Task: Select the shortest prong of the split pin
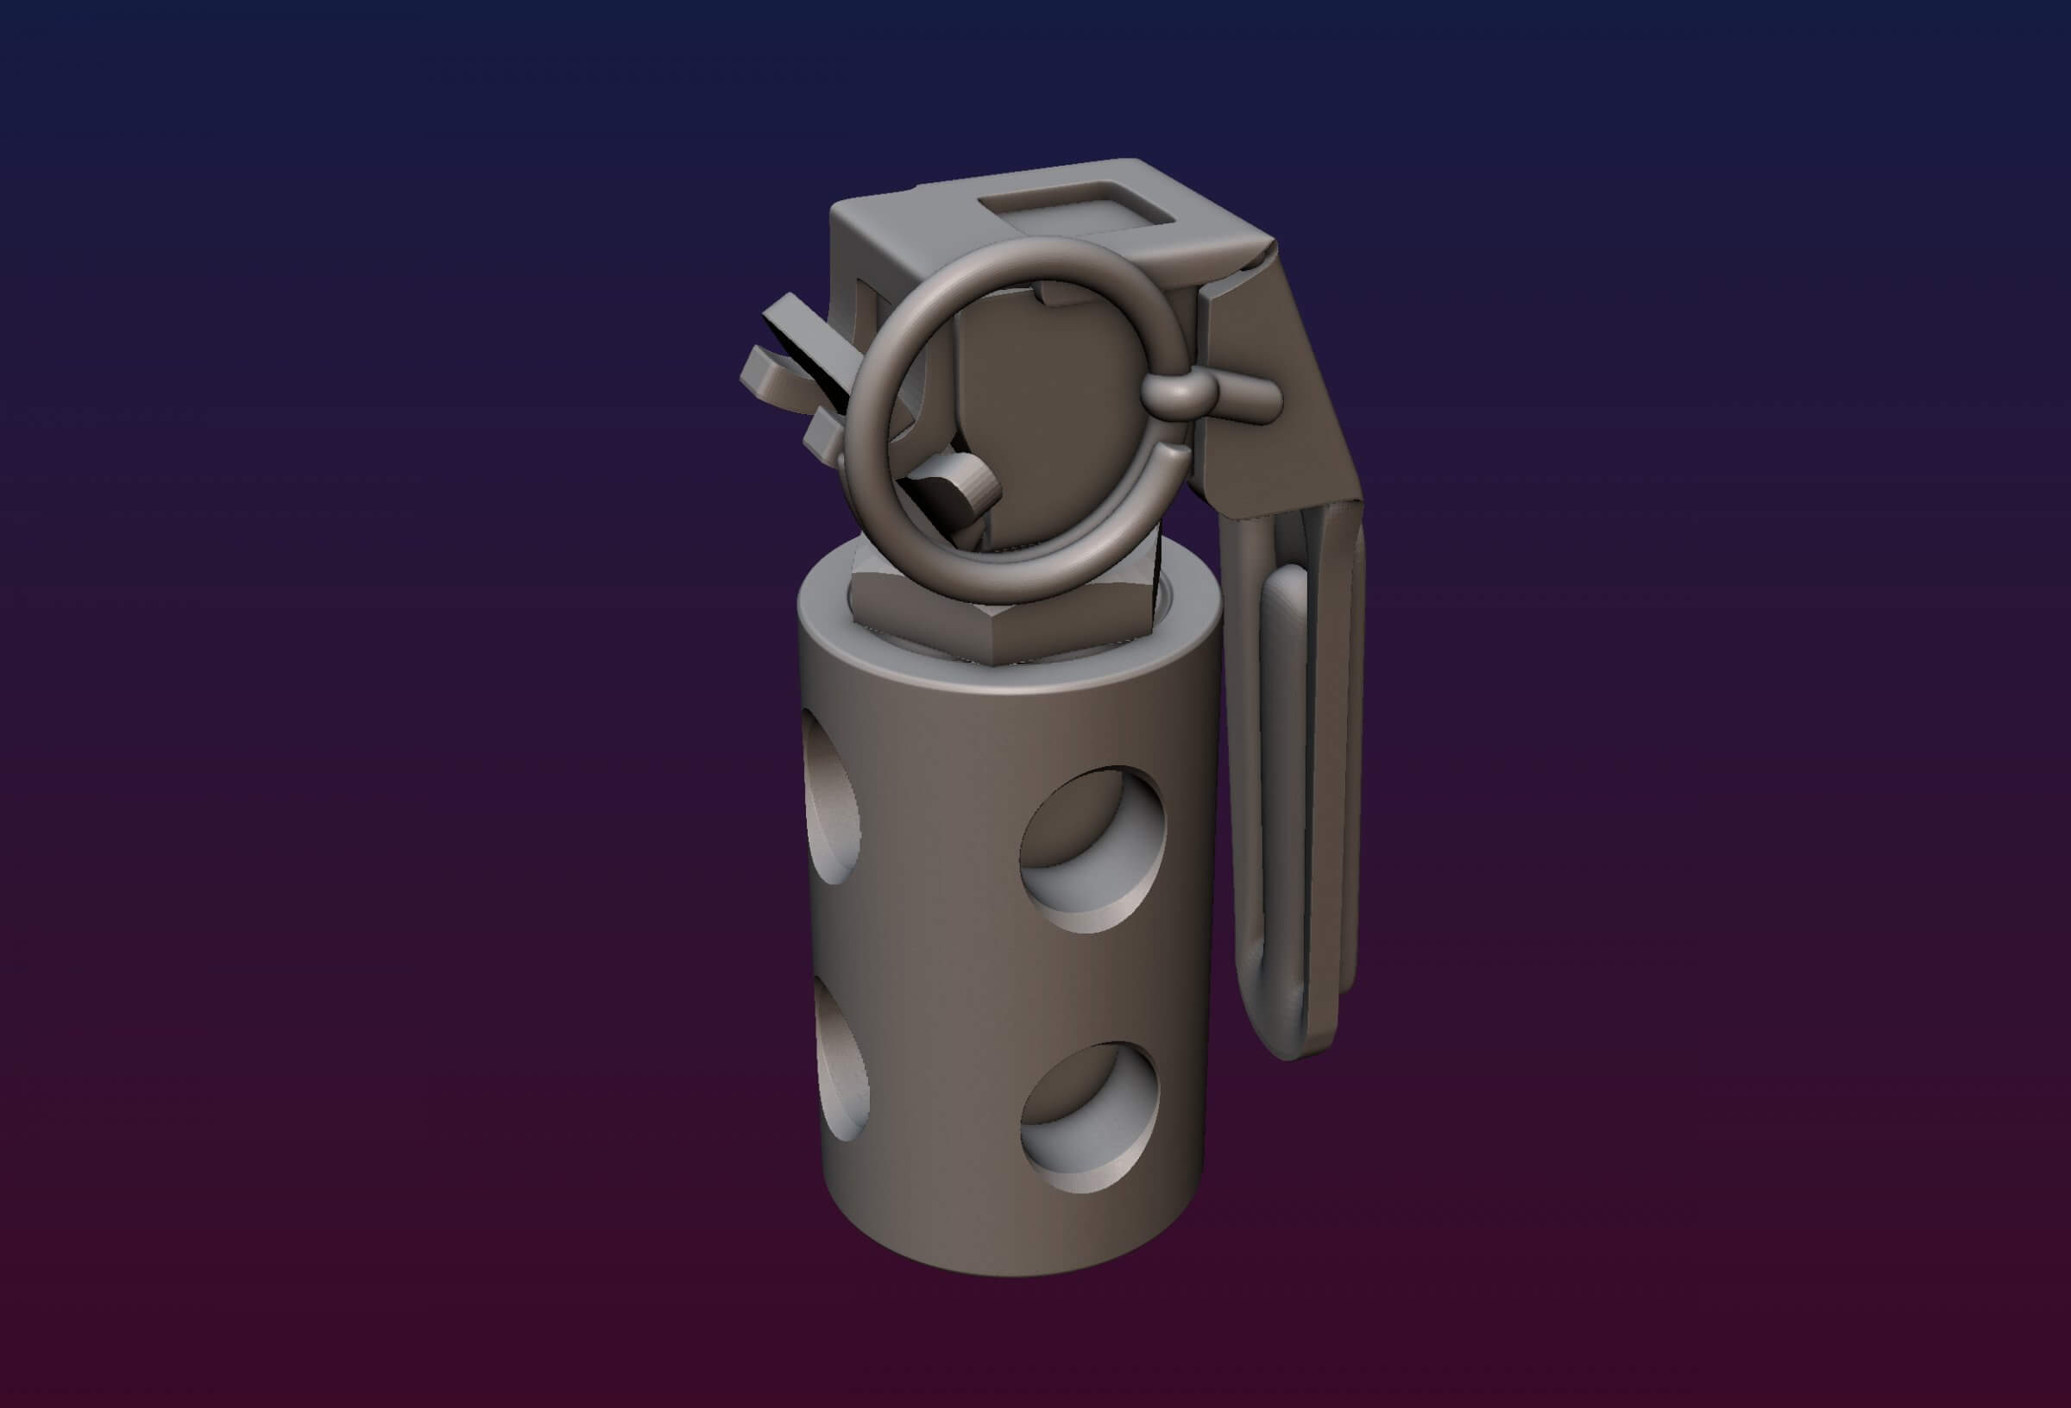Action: tap(823, 437)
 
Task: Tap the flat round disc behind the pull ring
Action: tap(1052, 401)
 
